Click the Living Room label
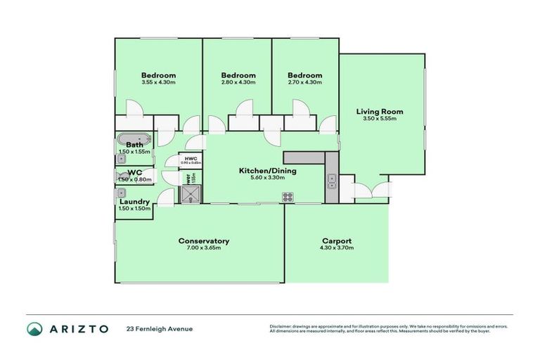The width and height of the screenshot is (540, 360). point(380,111)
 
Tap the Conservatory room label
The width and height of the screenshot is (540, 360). point(204,241)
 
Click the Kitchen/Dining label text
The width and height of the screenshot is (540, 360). point(267,171)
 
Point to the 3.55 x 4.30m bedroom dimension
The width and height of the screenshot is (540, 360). point(158,83)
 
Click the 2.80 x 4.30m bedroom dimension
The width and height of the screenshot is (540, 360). point(238,83)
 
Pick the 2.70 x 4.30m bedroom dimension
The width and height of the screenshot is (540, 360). point(304,83)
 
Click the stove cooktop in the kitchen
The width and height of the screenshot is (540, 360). point(288,197)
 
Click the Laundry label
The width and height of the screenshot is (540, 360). point(134,202)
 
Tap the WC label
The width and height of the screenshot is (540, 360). point(134,172)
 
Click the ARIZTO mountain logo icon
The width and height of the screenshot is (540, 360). point(34,328)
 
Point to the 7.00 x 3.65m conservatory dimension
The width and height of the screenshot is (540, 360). point(204,248)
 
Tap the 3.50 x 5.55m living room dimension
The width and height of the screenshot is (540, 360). point(380,118)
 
